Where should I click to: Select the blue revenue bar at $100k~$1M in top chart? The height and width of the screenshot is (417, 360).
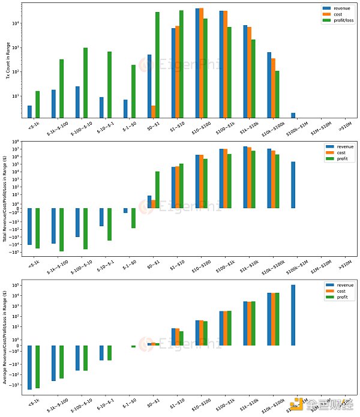293,115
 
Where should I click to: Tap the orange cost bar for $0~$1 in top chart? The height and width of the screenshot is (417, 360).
154,112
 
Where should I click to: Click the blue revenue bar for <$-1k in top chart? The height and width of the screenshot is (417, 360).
29,112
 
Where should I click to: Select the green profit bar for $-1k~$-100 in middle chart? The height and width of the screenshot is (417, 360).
61,230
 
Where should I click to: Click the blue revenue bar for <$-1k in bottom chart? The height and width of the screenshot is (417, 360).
29,367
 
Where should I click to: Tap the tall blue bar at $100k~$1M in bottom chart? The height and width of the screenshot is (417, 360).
293,315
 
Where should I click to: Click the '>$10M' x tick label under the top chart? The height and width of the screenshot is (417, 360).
343,127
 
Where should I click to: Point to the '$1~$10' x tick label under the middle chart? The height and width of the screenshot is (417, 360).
177,265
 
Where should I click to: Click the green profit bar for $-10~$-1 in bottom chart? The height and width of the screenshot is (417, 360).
109,353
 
